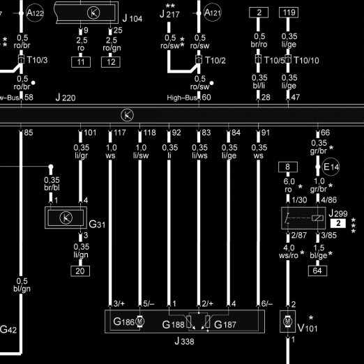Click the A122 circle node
(35, 13)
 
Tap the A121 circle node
(213, 12)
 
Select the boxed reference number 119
(289, 13)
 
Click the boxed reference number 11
(81, 62)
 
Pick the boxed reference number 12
(111, 62)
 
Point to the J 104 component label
(132, 18)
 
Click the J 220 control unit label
(66, 98)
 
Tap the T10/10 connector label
(306, 61)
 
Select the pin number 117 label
(120, 132)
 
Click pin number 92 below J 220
(176, 132)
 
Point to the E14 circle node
(331, 167)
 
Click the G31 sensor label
(97, 225)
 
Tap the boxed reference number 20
(80, 271)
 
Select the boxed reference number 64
(317, 271)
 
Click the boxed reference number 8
(288, 167)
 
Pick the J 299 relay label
(338, 213)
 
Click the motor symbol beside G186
(139, 321)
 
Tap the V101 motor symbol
(288, 321)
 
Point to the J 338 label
(184, 341)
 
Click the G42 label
(8, 329)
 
